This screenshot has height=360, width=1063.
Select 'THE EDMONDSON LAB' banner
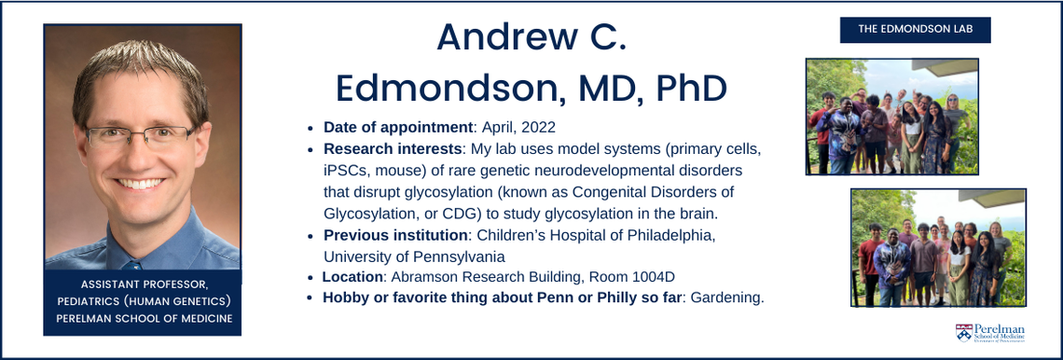coord(915,30)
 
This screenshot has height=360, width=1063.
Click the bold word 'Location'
coord(352,277)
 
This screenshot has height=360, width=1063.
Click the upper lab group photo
coord(891,117)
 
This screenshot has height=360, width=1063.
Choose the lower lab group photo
coord(937,247)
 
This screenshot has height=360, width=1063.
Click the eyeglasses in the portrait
coord(143,137)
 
